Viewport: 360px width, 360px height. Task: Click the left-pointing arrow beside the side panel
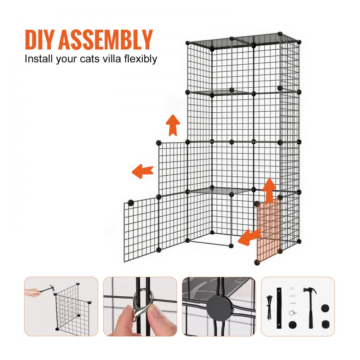pyautogui.click(x=143, y=171)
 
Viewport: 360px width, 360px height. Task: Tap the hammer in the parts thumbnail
pyautogui.click(x=309, y=306)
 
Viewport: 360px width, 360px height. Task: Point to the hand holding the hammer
pyautogui.click(x=33, y=292)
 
